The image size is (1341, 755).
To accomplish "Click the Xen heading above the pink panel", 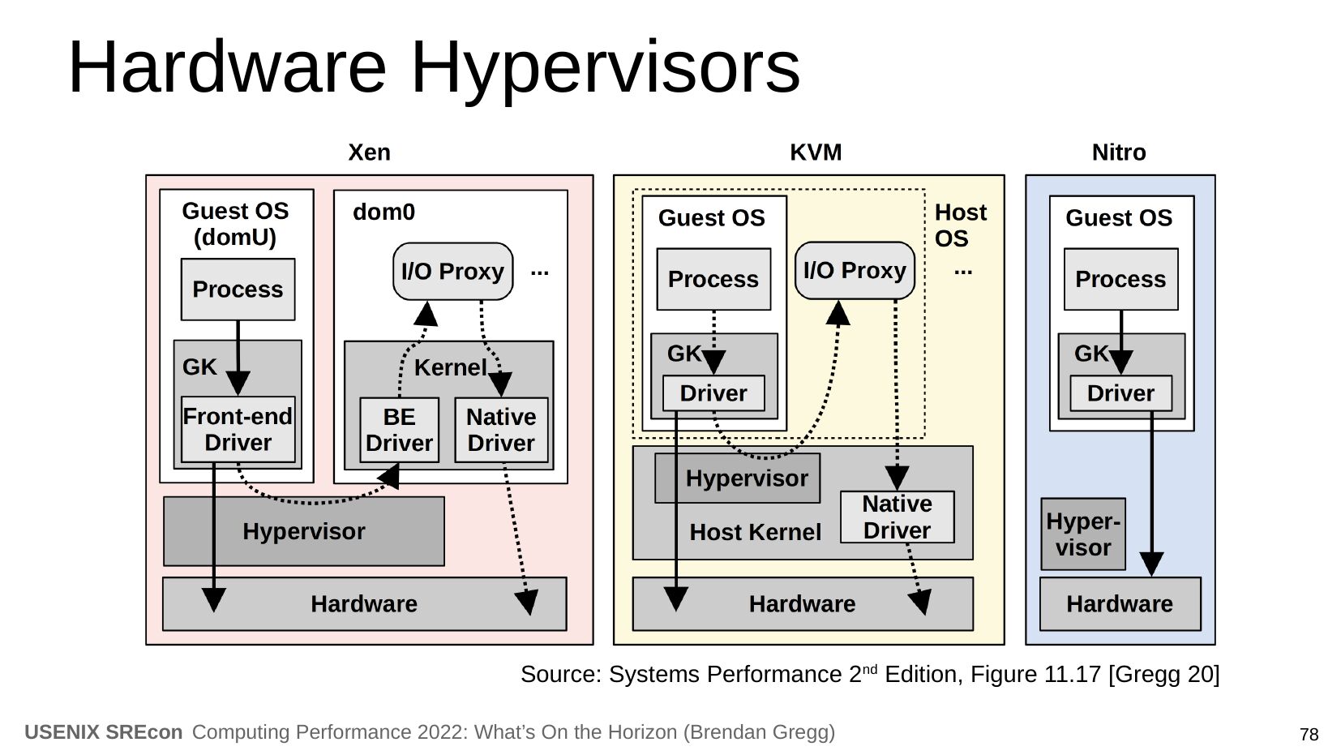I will [369, 152].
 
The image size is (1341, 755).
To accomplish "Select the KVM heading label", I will [816, 152].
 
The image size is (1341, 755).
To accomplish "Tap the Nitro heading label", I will [1119, 152].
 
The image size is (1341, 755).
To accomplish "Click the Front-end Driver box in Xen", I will [238, 430].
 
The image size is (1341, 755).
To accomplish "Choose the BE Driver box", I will [399, 430].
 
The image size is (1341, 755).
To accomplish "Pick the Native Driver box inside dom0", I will [501, 430].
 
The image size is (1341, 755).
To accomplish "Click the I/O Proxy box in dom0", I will [452, 271].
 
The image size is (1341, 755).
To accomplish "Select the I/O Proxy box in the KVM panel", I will [855, 270].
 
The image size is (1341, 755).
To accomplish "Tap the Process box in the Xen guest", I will [238, 290].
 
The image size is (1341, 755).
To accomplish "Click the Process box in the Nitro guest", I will [1120, 279].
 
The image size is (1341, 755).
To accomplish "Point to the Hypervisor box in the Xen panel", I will [304, 531].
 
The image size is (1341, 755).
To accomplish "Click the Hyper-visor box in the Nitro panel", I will [1083, 534].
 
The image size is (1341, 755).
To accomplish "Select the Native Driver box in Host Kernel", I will [897, 517].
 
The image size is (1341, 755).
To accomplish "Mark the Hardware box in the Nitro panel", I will [1120, 604].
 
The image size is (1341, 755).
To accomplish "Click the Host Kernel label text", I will [755, 533].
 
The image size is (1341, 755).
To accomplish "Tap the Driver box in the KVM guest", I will [713, 393].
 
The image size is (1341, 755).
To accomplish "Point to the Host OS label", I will [960, 225].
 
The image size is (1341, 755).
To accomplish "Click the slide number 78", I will [1309, 735].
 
